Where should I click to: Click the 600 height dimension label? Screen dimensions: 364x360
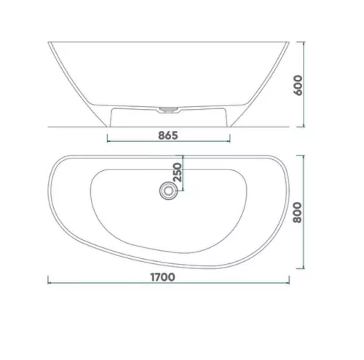[x=298, y=85]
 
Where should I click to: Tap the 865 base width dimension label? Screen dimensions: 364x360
[x=168, y=135]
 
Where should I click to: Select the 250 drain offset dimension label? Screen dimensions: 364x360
[x=178, y=172]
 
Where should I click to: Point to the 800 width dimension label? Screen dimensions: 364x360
[x=298, y=212]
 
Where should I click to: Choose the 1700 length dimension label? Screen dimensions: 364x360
[x=162, y=277]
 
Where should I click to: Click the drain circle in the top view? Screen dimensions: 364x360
[x=167, y=191]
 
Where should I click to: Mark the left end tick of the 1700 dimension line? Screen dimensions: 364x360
[x=48, y=283]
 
